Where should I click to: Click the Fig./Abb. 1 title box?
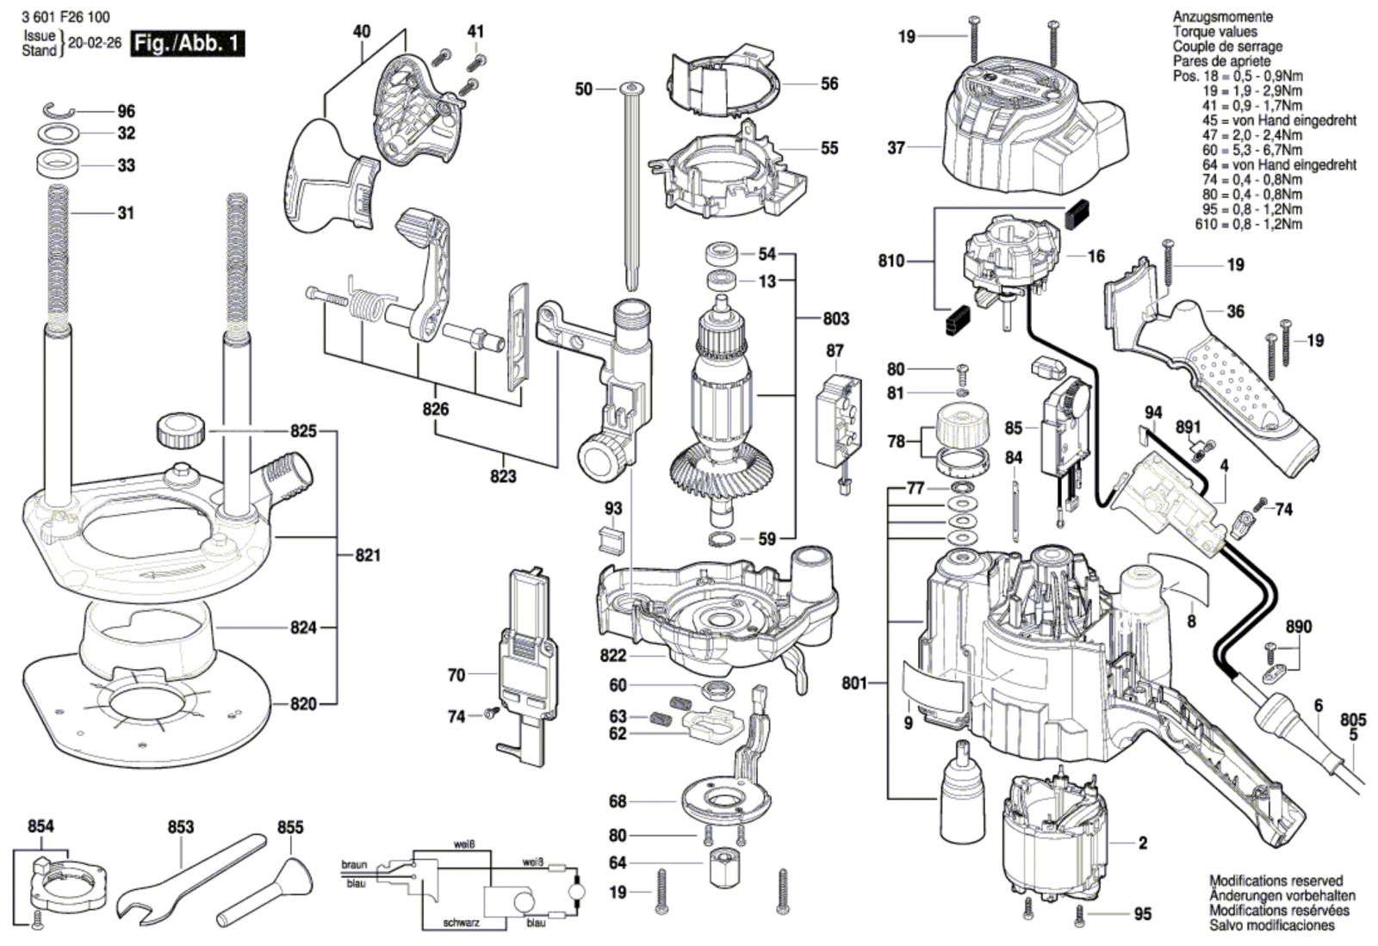pos(188,44)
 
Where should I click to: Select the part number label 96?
pos(126,112)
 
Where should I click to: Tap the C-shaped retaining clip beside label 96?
pos(59,111)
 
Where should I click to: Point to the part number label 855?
pos(290,827)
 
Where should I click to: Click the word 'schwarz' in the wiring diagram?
pos(462,923)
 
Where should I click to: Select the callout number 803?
pos(835,318)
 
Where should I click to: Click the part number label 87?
pos(835,351)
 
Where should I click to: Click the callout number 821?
pos(368,556)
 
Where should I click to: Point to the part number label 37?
pos(897,148)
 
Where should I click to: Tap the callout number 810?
pos(891,261)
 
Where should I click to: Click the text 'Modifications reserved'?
pos(1276,881)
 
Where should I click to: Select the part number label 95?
pos(1142,914)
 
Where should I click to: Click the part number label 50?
pos(583,90)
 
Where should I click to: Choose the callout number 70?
pos(456,676)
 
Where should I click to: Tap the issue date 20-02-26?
pos(94,44)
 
